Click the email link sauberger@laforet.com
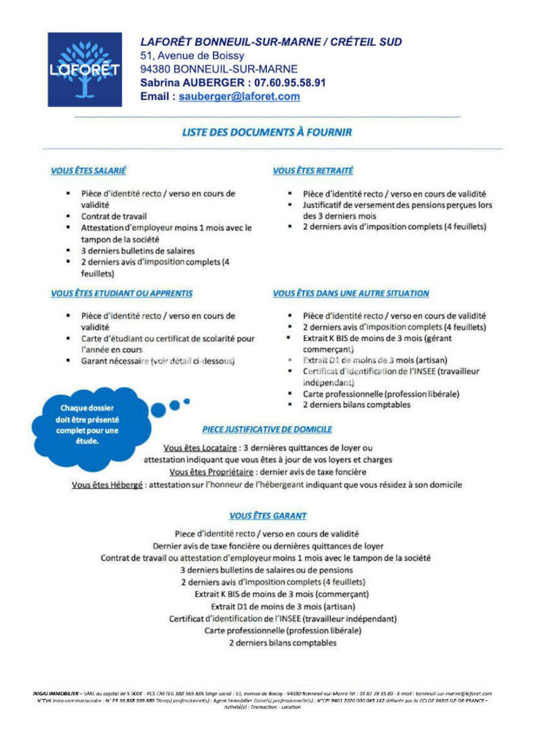pyautogui.click(x=239, y=96)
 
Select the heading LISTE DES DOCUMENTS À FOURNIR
pyautogui.click(x=267, y=132)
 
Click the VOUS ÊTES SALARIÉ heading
pyautogui.click(x=88, y=171)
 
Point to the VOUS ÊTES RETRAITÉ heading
pyautogui.click(x=312, y=171)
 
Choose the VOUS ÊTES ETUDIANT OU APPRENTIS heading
pyautogui.click(x=121, y=293)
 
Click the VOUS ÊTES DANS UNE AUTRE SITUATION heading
pyautogui.click(x=350, y=293)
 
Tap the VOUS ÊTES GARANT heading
pyautogui.click(x=268, y=516)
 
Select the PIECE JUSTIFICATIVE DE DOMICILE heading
pyautogui.click(x=267, y=430)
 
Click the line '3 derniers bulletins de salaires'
pyautogui.click(x=138, y=250)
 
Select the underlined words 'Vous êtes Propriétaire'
pyautogui.click(x=211, y=472)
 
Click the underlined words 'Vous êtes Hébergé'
pyautogui.click(x=107, y=485)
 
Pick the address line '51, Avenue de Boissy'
pyautogui.click(x=192, y=56)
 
